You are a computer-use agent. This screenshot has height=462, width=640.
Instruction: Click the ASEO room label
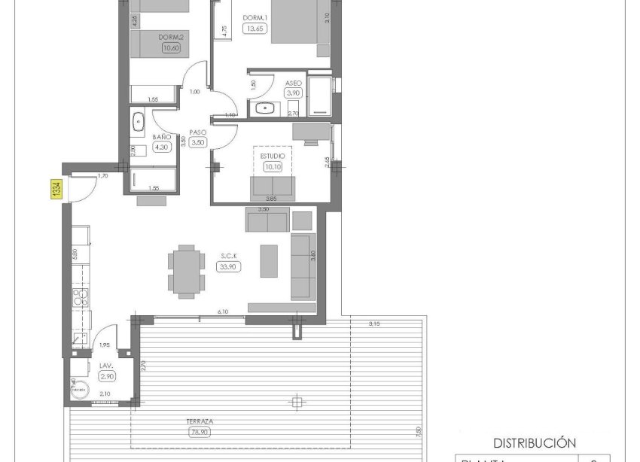[294, 83]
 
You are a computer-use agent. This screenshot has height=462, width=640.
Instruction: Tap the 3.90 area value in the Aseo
[293, 93]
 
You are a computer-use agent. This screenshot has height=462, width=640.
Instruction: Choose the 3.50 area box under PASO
[198, 141]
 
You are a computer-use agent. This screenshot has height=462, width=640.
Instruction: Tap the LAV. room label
[106, 365]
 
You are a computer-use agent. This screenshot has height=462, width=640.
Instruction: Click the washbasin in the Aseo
[266, 108]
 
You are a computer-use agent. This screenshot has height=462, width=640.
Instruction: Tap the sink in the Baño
[139, 120]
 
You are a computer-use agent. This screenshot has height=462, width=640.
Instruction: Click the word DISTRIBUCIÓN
[534, 443]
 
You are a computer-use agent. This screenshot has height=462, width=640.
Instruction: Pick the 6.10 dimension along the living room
[223, 311]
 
